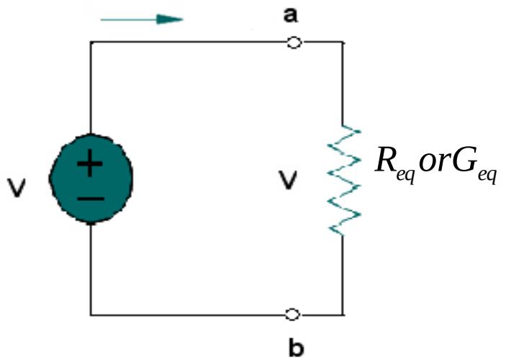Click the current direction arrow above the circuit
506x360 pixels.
(x=142, y=19)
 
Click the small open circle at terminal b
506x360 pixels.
(x=293, y=315)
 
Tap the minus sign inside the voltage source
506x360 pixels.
(x=90, y=196)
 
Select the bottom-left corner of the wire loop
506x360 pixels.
(x=91, y=315)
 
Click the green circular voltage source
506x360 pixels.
(x=90, y=179)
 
